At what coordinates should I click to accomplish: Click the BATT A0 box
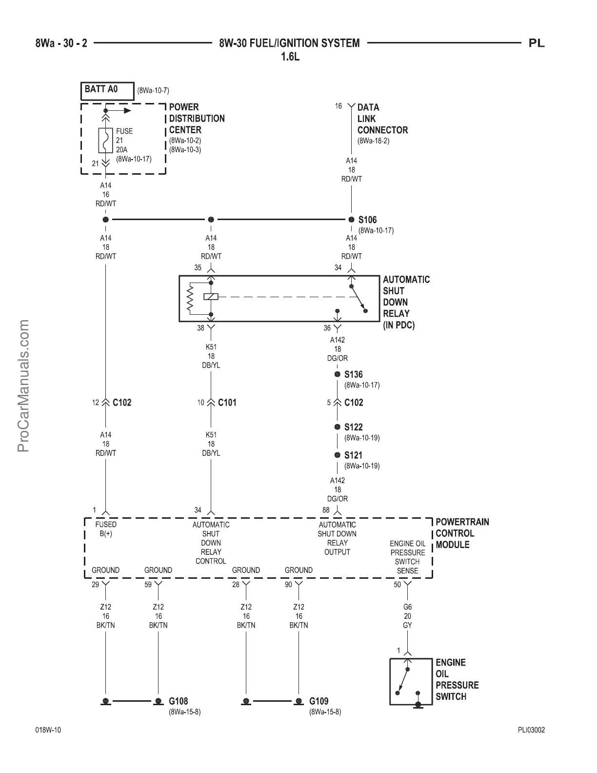point(107,90)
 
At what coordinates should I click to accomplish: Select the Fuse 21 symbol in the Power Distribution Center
point(106,141)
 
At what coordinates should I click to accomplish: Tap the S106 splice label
point(367,220)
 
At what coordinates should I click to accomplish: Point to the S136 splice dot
point(337,374)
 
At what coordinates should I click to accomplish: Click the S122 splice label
point(353,427)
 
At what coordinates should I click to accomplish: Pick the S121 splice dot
point(337,455)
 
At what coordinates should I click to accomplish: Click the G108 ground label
point(178,701)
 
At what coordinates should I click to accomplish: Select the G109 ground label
point(318,701)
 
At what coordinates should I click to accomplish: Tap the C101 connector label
point(227,403)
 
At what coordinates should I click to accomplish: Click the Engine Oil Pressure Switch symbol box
point(411,681)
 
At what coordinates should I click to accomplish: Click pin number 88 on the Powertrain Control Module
point(326,510)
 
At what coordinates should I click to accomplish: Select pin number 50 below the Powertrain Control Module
point(398,584)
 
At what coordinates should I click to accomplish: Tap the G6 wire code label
point(407,607)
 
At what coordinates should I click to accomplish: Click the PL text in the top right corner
point(537,43)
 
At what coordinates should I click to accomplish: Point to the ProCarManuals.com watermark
point(23,386)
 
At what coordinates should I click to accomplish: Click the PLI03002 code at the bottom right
point(531,730)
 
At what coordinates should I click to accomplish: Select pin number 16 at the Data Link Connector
point(338,106)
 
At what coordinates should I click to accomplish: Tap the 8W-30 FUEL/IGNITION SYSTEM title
point(289,43)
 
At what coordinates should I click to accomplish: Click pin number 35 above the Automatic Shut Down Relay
point(198,267)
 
